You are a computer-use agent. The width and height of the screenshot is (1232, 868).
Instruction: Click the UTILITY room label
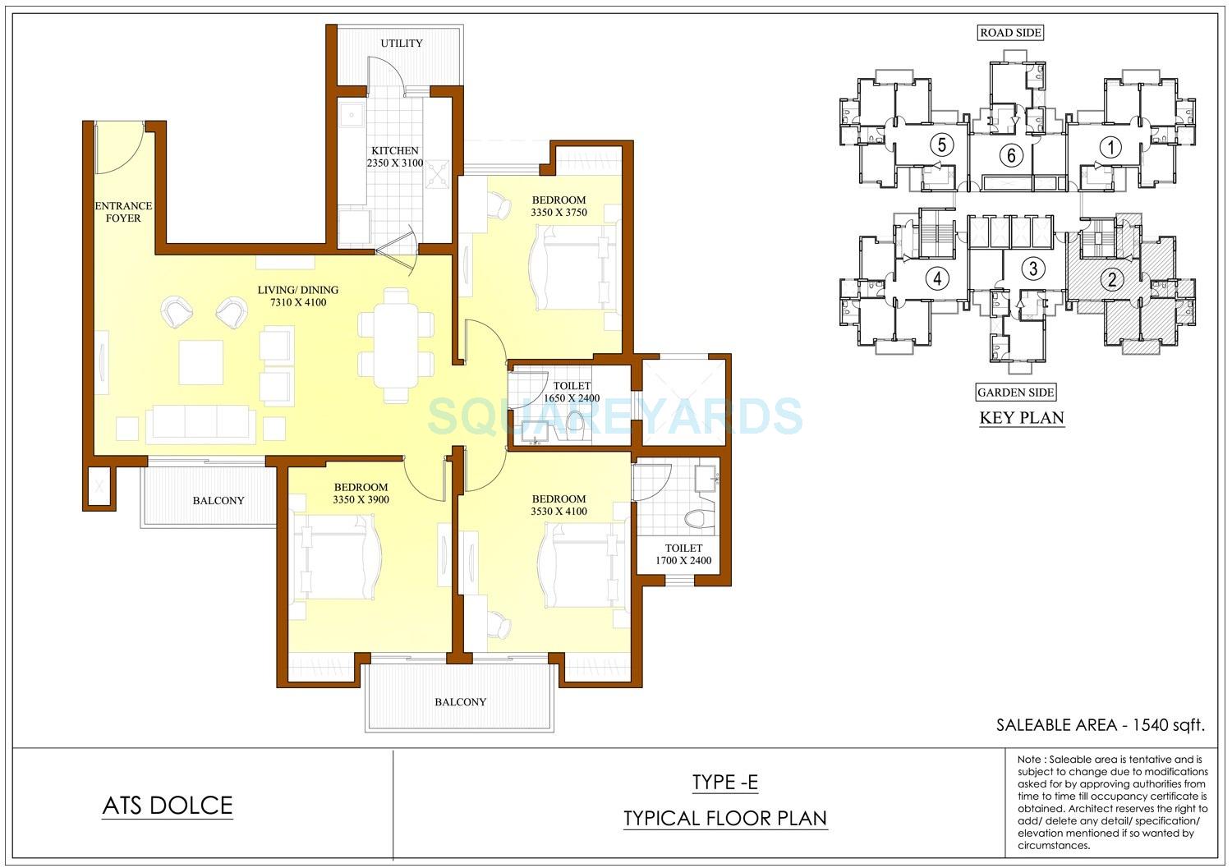click(402, 43)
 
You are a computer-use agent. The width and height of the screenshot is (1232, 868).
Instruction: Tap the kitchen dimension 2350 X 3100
click(395, 163)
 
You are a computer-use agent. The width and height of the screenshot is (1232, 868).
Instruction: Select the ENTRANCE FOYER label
click(123, 212)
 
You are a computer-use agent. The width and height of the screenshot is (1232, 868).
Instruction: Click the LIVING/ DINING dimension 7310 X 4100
click(297, 302)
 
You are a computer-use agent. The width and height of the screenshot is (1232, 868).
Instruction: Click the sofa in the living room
click(196, 425)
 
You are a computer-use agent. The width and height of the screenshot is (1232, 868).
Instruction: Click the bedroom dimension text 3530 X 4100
click(559, 512)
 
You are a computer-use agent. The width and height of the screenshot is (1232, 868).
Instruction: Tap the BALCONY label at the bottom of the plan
click(461, 702)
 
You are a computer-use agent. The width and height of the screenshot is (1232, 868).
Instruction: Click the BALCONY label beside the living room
click(218, 501)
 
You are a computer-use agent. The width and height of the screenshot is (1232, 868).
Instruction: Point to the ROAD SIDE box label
click(1010, 33)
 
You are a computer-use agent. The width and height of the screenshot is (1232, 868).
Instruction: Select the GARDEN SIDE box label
click(1015, 393)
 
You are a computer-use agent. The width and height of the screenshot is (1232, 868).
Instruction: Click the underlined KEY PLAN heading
click(1021, 418)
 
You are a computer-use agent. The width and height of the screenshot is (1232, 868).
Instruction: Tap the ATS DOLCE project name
click(168, 806)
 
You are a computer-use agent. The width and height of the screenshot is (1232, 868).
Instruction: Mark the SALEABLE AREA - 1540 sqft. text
click(1100, 725)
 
